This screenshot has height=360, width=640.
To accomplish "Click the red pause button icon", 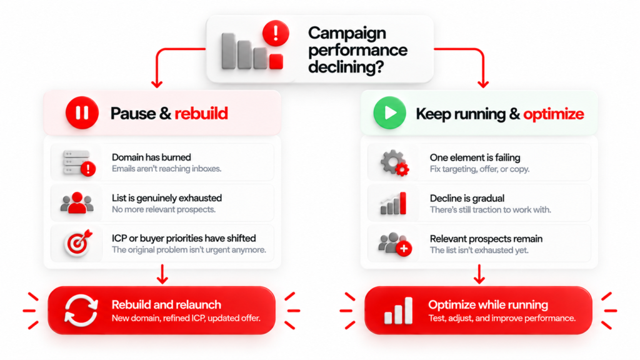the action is (x=82, y=112).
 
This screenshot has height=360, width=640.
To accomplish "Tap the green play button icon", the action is (x=390, y=112).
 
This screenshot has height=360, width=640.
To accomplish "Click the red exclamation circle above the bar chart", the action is (x=276, y=33).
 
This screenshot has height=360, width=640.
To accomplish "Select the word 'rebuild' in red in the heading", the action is (x=201, y=114).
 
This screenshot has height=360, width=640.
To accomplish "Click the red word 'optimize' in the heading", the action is (x=554, y=114).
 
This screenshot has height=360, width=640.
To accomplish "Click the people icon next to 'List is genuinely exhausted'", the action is (x=77, y=203).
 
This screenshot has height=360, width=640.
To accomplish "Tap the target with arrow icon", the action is (x=78, y=243).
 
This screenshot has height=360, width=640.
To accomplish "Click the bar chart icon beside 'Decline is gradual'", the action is (x=393, y=203).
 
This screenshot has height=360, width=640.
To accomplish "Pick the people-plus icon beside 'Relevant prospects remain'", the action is (x=395, y=244).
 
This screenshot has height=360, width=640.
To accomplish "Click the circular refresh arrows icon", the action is (x=81, y=311).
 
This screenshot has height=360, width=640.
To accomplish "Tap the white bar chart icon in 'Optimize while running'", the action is (x=398, y=311).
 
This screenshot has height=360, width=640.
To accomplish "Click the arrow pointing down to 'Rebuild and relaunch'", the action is (x=162, y=274).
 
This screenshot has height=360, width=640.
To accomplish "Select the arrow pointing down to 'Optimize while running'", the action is (x=479, y=274).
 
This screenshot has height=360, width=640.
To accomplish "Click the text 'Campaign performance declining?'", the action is (x=357, y=50).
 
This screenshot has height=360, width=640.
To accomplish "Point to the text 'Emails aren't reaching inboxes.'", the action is (x=166, y=169).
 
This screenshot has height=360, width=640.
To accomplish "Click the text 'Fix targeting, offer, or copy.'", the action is (x=479, y=169).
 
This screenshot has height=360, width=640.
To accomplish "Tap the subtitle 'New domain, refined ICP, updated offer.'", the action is (x=186, y=318).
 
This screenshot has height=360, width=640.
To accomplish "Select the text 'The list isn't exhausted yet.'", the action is (x=479, y=250).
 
